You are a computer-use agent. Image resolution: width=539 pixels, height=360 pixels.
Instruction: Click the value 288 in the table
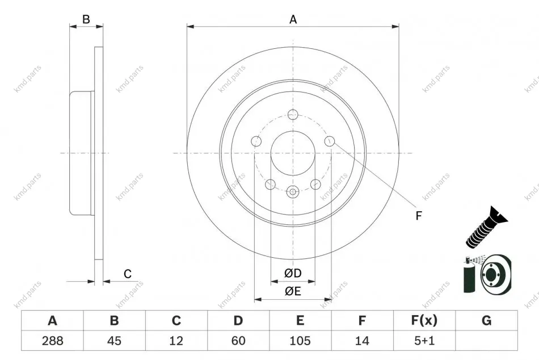tap(53, 341)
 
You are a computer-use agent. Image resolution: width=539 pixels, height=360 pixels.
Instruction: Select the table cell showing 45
tap(114, 341)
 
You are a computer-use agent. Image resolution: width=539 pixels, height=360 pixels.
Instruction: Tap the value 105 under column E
tap(300, 341)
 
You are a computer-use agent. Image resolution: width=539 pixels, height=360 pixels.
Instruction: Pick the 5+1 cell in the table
tap(424, 341)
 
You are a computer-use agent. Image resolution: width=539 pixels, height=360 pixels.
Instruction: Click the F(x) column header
tap(424, 320)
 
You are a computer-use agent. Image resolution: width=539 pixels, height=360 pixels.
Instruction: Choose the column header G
tap(486, 320)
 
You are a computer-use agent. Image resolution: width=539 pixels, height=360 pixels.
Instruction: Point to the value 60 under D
tap(238, 341)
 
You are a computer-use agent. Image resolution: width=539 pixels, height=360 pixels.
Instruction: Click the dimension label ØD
tap(293, 273)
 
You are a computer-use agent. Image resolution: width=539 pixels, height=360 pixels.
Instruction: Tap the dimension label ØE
tap(293, 291)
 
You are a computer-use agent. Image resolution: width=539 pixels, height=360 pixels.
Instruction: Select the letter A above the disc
tap(293, 19)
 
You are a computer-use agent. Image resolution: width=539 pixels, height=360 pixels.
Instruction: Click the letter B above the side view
tap(86, 19)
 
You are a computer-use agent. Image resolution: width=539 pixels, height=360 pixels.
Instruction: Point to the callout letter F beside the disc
tap(418, 216)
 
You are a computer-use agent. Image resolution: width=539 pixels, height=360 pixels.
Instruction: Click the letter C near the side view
tap(128, 274)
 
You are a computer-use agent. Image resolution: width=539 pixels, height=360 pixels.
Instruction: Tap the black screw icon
tap(486, 227)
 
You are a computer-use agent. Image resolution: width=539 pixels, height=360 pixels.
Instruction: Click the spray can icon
tap(469, 274)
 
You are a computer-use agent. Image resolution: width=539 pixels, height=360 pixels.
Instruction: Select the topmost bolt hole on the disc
tap(293, 114)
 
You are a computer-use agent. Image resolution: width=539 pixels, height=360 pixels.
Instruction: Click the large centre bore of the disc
tap(293, 153)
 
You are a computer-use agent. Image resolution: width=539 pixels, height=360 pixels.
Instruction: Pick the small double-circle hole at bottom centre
tap(293, 192)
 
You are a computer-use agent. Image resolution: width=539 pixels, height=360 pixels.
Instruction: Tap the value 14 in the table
tap(362, 341)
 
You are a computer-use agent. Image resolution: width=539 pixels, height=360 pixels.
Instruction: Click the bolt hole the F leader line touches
tap(330, 141)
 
